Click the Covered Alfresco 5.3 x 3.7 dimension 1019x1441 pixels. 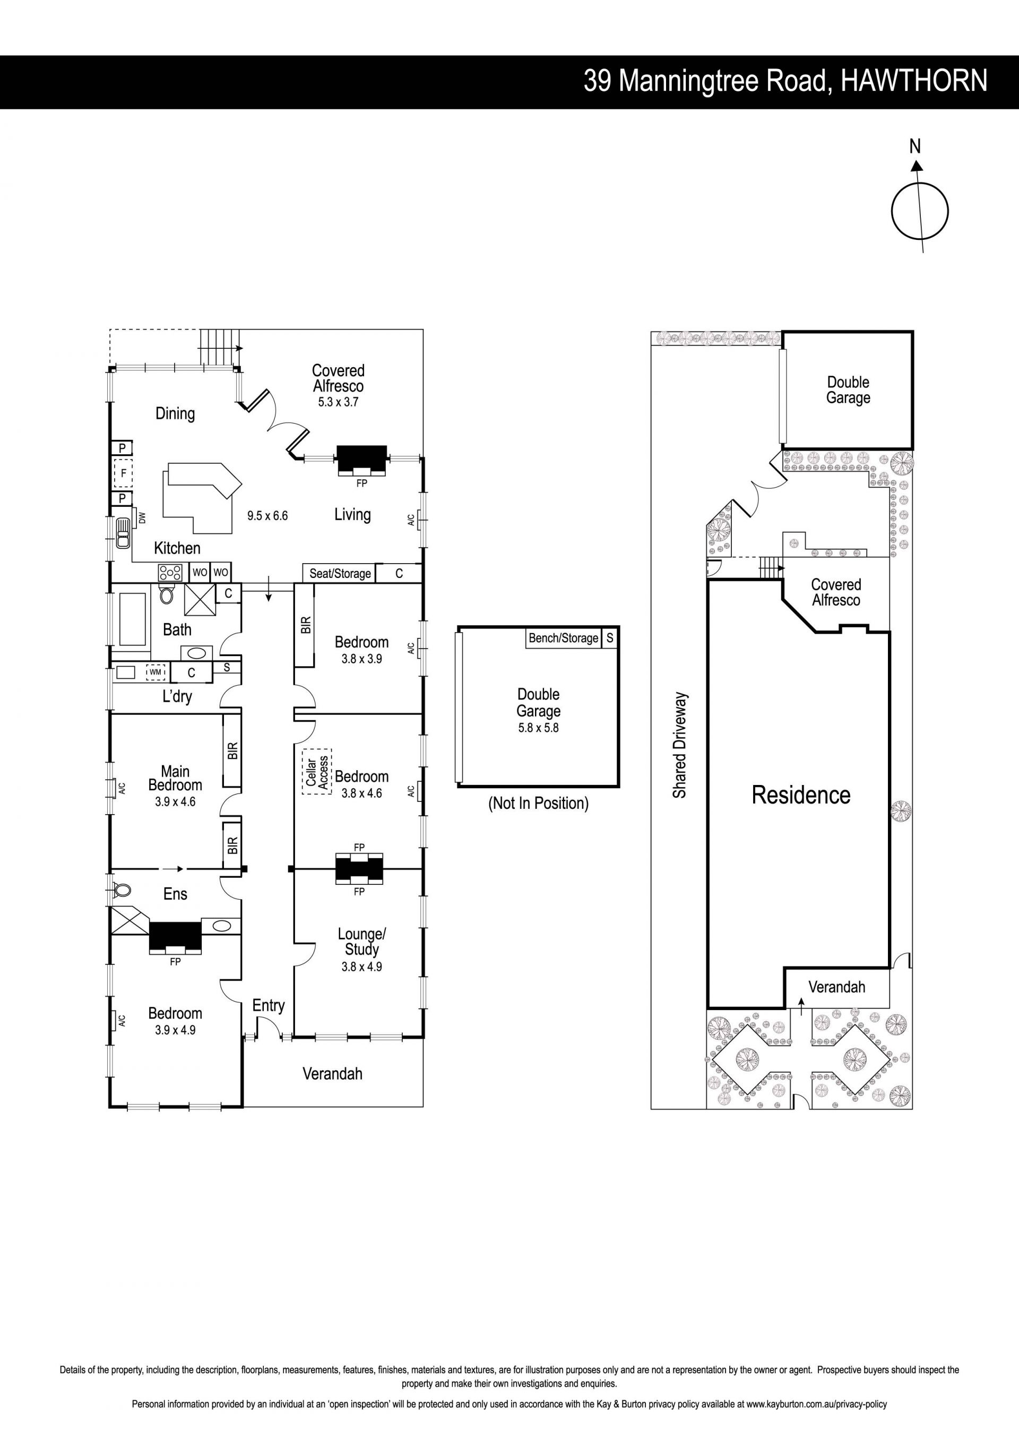coord(338,402)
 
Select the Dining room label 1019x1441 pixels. coord(175,413)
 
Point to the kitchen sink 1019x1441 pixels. coord(123,533)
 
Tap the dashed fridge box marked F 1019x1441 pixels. coord(123,473)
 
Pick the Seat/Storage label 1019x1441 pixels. coord(340,574)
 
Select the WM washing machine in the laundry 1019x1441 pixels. coord(156,672)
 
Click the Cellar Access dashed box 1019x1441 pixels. coord(317,772)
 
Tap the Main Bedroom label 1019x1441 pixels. coord(175,778)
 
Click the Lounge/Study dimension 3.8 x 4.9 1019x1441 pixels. coord(361,967)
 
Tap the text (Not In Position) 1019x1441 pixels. coord(538,804)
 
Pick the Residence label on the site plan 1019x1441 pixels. coord(801,795)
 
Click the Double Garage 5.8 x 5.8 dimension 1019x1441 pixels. coord(538,728)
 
